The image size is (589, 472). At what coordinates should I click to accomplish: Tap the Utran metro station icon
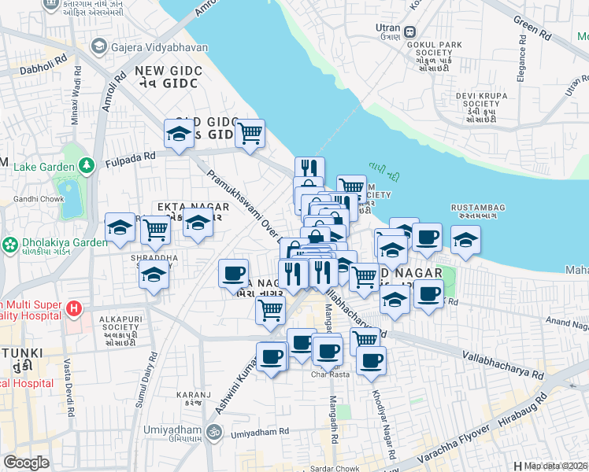(410, 32)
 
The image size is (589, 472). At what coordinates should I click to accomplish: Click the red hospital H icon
(74, 307)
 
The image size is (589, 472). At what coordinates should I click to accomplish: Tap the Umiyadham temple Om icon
(212, 431)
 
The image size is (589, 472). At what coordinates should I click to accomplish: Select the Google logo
(25, 463)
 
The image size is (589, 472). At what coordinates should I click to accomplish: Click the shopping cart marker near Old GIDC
(250, 135)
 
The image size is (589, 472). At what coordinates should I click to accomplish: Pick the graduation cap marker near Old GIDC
(179, 135)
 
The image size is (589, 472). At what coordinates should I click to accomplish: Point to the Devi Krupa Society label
(477, 103)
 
